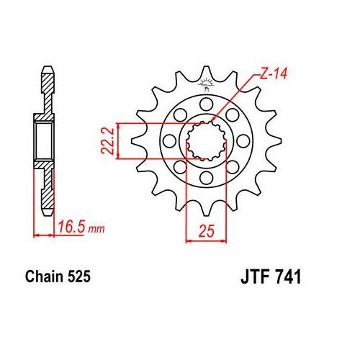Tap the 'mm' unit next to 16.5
pos(97,230)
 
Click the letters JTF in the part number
pos(253,276)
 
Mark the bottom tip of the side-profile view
pos(47,210)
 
